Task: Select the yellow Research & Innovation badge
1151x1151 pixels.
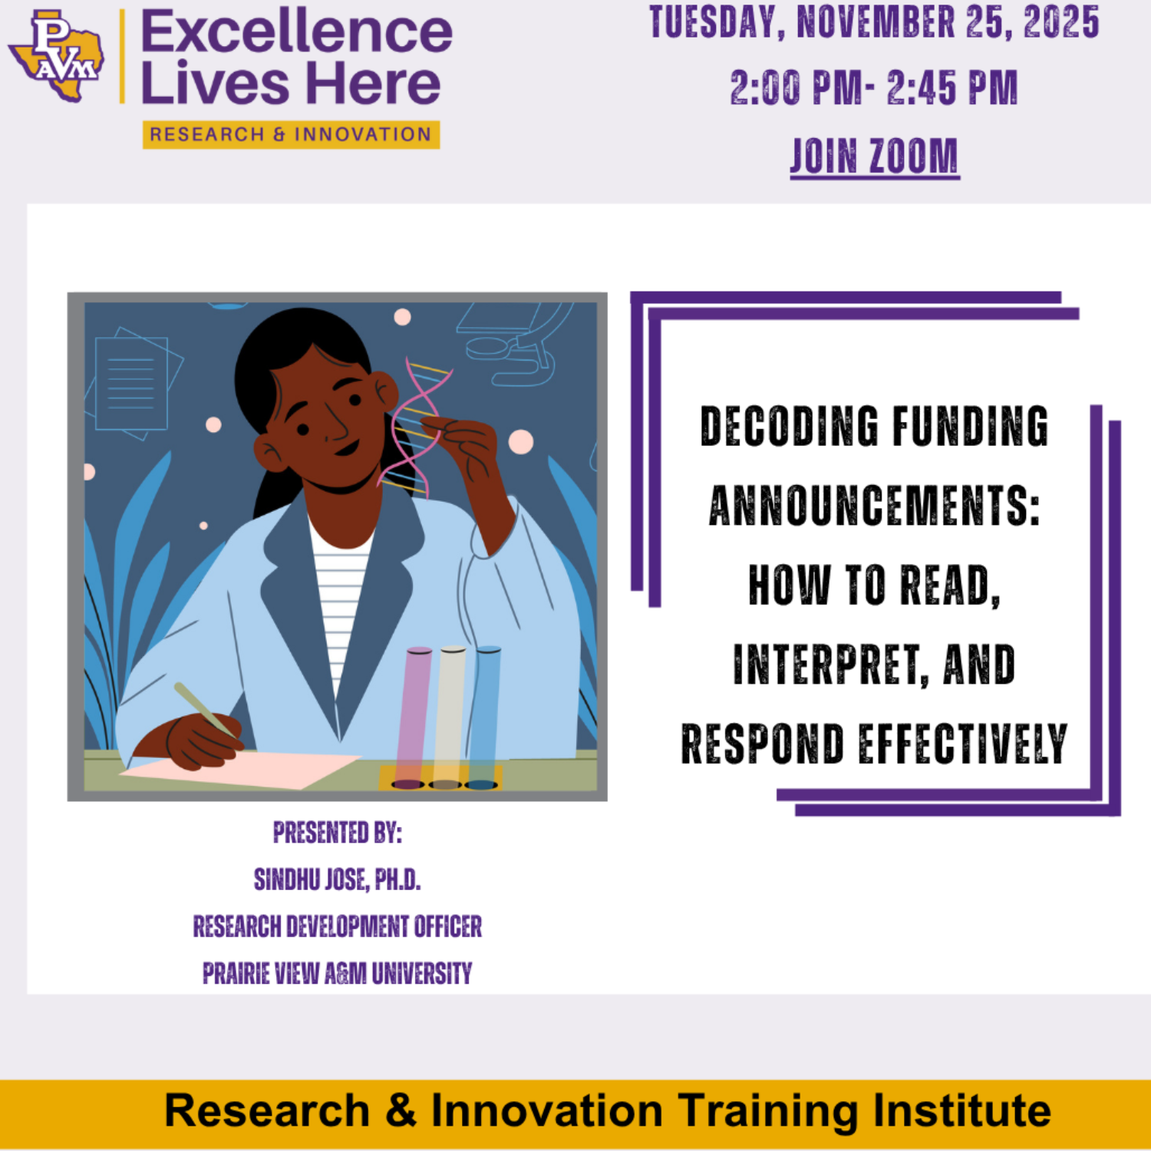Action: click(291, 134)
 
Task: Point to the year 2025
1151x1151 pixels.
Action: click(1061, 22)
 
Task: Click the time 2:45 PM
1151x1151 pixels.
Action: click(952, 87)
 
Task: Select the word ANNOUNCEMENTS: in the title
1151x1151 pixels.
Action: click(874, 506)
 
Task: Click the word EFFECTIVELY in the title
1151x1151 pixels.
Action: click(962, 744)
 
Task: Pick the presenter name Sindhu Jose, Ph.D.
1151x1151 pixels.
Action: click(338, 879)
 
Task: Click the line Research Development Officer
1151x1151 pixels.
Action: click(338, 926)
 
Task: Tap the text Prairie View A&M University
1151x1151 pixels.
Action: click(338, 973)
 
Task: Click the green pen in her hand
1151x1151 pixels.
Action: click(204, 710)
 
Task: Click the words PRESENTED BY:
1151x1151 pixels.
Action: click(338, 833)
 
